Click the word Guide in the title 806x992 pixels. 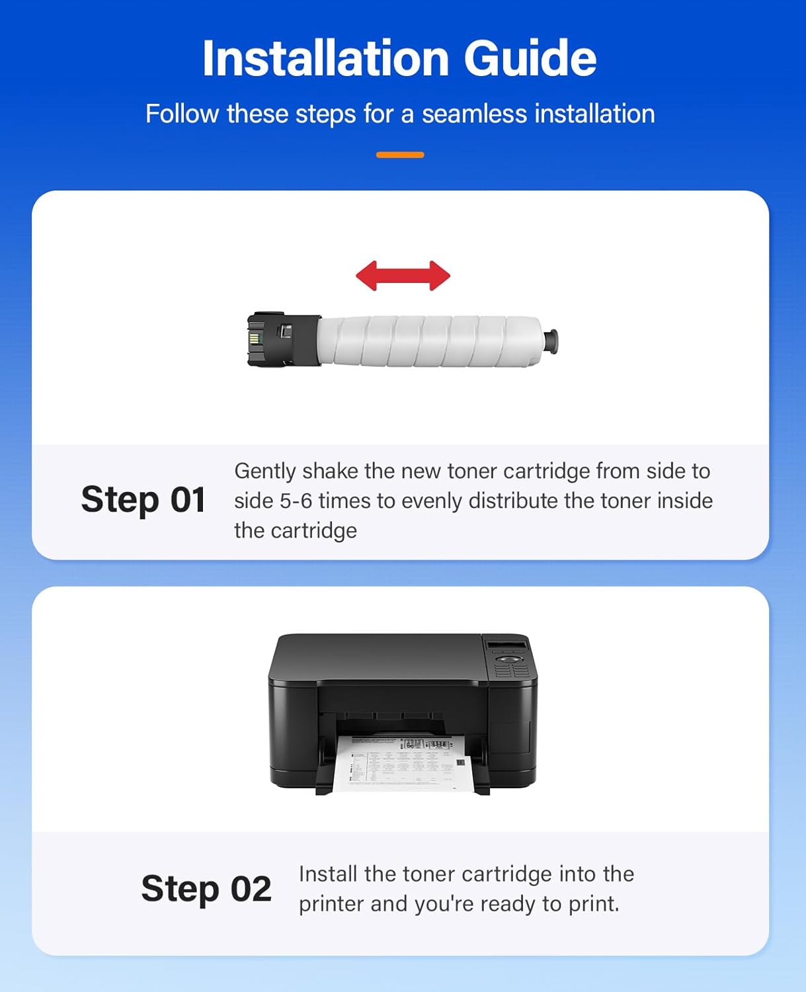pyautogui.click(x=530, y=58)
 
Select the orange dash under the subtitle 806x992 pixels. pyautogui.click(x=400, y=155)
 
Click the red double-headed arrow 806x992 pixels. pyautogui.click(x=403, y=275)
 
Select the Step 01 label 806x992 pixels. pyautogui.click(x=143, y=499)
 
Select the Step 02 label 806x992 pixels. pyautogui.click(x=206, y=888)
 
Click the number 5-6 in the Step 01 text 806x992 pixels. pyautogui.click(x=296, y=501)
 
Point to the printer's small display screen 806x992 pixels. pyautogui.click(x=506, y=645)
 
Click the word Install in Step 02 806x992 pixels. pyautogui.click(x=328, y=874)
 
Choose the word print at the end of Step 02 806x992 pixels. pyautogui.click(x=592, y=904)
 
